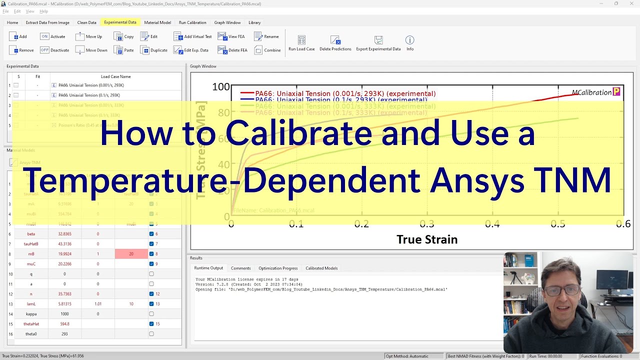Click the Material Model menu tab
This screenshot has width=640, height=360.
pyautogui.click(x=157, y=22)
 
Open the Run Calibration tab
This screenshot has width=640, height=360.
pyautogui.click(x=192, y=22)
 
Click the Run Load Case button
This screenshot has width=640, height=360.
pyautogui.click(x=301, y=43)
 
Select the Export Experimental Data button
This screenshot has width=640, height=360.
pyautogui.click(x=378, y=43)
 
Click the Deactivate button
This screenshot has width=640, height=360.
pyautogui.click(x=54, y=50)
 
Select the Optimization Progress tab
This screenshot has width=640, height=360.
pyautogui.click(x=278, y=268)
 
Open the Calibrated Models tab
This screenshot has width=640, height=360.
pyautogui.click(x=321, y=268)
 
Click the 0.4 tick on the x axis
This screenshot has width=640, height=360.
pyautogui.click(x=492, y=224)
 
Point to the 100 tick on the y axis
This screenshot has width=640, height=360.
pyautogui.click(x=220, y=87)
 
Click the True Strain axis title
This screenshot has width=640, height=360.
pyautogui.click(x=427, y=239)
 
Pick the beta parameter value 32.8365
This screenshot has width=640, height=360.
pyautogui.click(x=64, y=234)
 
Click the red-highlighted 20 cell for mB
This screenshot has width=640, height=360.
pyautogui.click(x=131, y=254)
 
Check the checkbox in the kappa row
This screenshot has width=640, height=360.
pyautogui.click(x=151, y=314)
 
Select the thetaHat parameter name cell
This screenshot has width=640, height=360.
pyautogui.click(x=31, y=324)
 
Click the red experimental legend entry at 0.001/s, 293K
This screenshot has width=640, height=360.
pyautogui.click(x=345, y=93)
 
